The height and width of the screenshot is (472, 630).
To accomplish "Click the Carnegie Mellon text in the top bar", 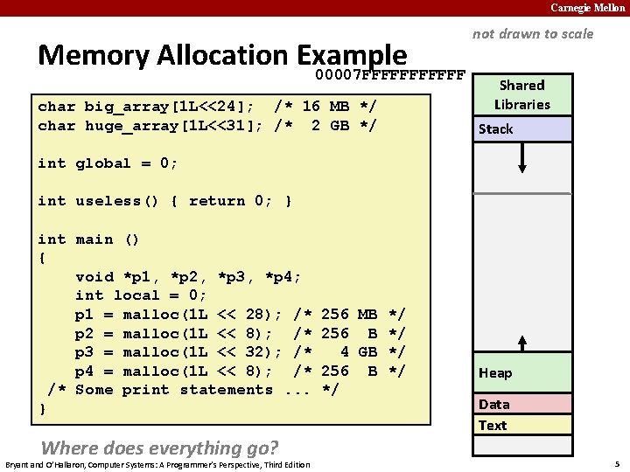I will [587, 8].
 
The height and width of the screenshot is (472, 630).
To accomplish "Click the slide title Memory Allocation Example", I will [222, 55].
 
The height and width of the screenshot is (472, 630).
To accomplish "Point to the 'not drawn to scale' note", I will [532, 34].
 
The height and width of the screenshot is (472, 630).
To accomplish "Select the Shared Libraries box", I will [521, 94].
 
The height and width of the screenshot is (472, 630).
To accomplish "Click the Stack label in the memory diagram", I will [495, 129].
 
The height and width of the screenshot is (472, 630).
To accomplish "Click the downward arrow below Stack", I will [522, 159].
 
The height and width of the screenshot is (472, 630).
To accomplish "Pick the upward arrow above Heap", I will [522, 344].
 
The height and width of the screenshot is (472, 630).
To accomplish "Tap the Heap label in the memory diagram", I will [495, 373].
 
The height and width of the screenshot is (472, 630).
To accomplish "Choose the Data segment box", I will [521, 404].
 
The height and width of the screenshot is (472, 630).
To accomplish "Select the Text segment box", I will [521, 425].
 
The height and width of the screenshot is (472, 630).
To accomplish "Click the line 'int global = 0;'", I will [108, 163].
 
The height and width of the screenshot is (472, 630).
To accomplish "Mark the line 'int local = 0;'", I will [141, 295].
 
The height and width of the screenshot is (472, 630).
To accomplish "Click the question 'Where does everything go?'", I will [159, 448].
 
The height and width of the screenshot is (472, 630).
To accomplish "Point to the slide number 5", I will [617, 463].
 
